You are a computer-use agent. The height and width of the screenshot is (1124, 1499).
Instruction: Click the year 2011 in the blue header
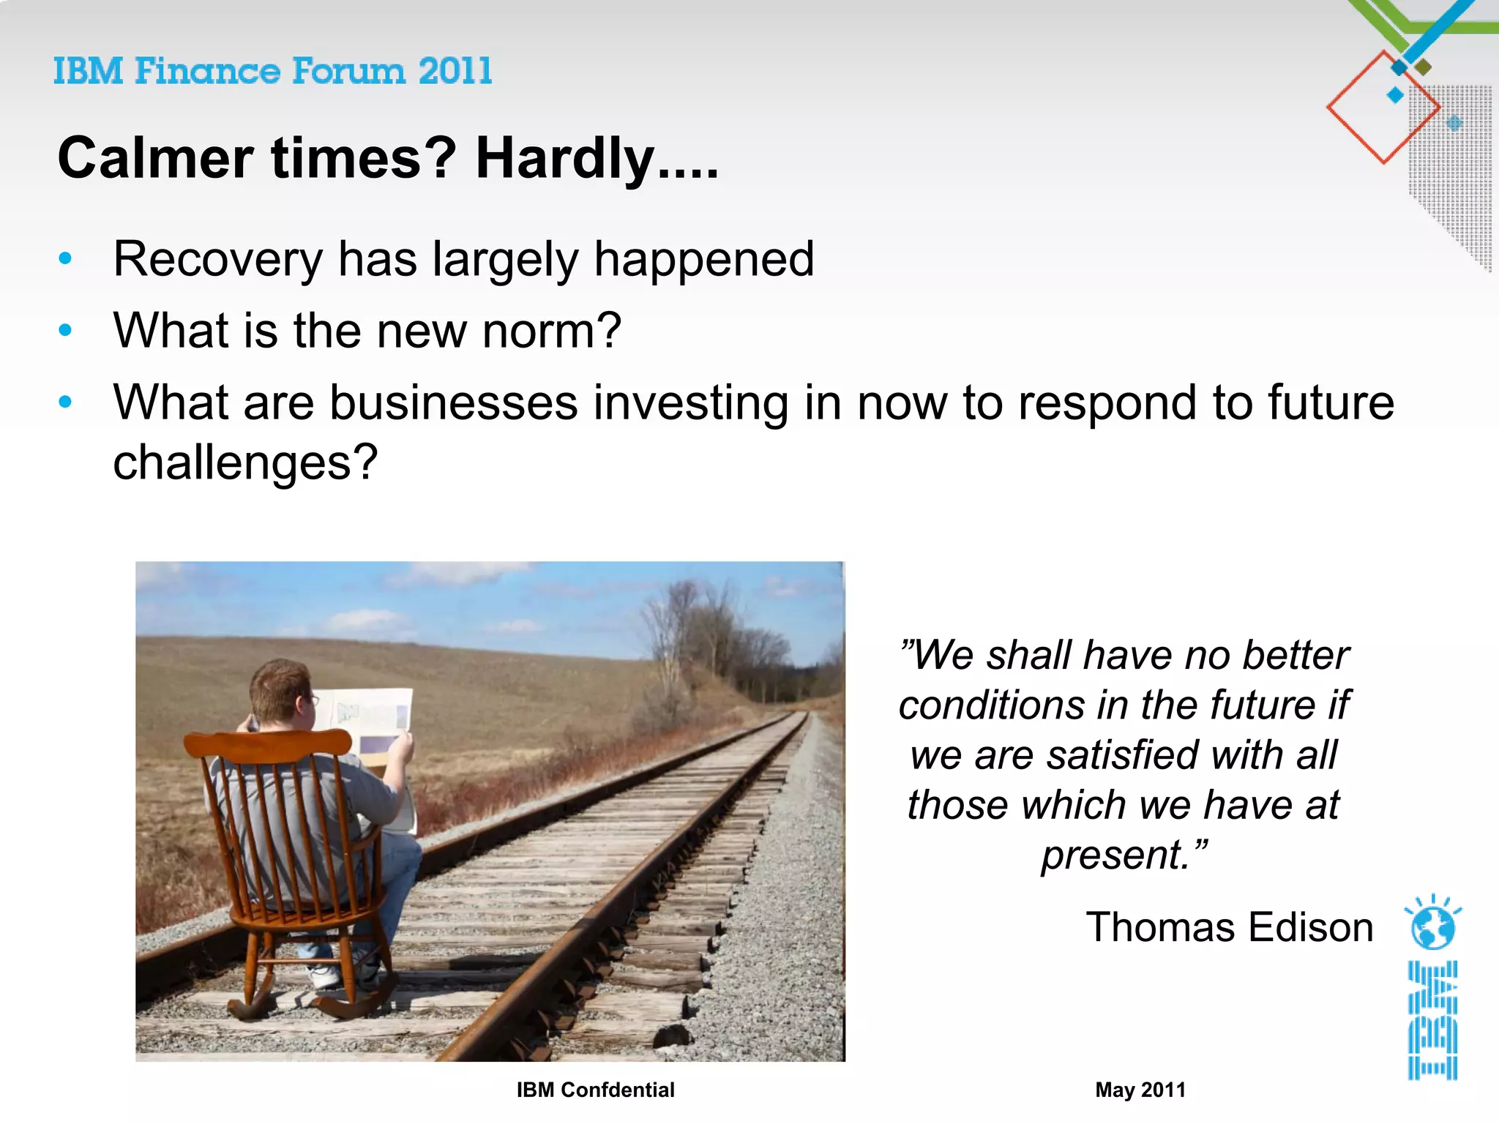click(455, 72)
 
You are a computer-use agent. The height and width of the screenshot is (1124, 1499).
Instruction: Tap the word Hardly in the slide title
click(564, 158)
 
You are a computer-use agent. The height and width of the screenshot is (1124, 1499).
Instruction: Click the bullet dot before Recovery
click(65, 258)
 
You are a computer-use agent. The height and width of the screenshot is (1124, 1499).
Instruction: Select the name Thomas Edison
click(1229, 927)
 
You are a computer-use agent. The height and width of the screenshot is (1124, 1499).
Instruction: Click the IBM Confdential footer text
click(595, 1090)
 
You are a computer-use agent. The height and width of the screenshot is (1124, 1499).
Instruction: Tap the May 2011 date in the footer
click(1140, 1090)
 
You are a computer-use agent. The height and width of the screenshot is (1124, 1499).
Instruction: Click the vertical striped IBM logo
click(1432, 1020)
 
